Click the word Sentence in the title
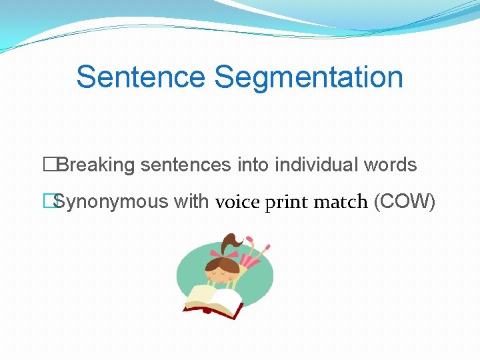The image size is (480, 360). coord(141,77)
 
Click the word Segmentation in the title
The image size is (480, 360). coord(309,77)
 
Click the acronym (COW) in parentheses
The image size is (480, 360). coord(405,201)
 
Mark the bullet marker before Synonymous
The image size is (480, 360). coord(48,201)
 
